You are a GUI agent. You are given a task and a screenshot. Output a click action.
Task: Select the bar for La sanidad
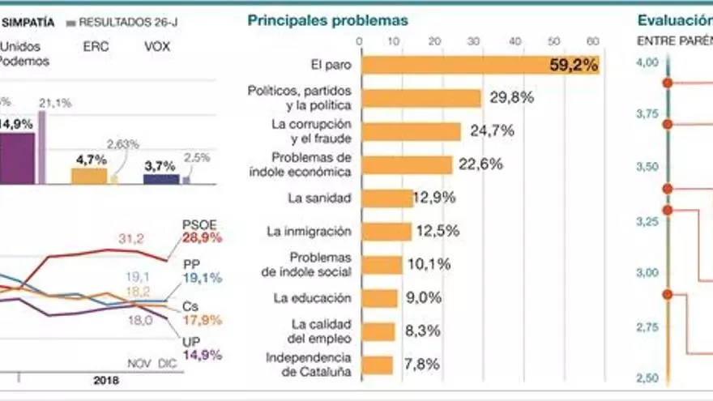[387, 198]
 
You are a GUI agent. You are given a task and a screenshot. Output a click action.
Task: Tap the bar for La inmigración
[386, 232]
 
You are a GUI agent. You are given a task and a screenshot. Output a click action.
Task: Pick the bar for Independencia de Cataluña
[377, 365]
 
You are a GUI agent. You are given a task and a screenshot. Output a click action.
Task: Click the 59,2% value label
[574, 66]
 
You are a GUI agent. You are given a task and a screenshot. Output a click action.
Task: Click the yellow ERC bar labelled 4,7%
[89, 175]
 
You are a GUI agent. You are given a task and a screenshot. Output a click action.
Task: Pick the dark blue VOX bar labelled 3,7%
[160, 178]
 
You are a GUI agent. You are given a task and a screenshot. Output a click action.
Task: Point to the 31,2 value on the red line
[131, 238]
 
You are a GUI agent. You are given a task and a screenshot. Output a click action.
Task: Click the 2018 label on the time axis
[105, 380]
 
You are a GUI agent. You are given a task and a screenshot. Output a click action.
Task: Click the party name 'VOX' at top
[157, 46]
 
